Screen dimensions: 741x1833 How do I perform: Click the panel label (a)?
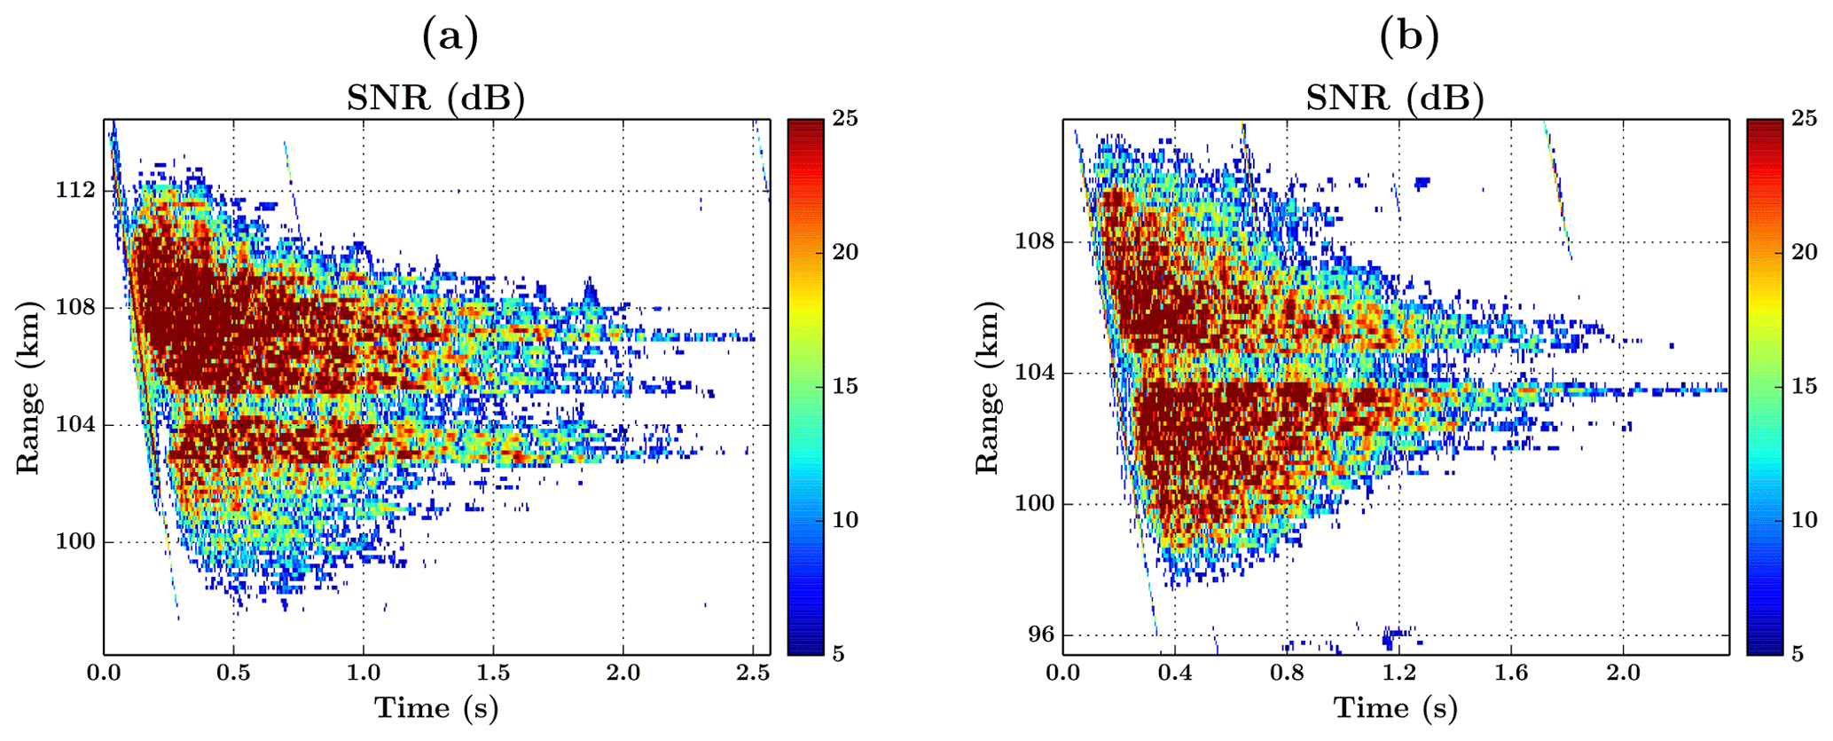[x=450, y=37]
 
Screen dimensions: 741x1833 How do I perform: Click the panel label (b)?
[x=1409, y=37]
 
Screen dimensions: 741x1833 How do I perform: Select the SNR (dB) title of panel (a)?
[x=435, y=98]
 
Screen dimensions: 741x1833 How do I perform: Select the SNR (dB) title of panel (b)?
[x=1395, y=98]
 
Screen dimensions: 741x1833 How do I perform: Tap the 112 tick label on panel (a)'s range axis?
[x=76, y=191]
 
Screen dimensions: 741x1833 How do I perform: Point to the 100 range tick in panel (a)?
[x=76, y=542]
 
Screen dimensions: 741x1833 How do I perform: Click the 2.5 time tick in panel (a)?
[x=753, y=674]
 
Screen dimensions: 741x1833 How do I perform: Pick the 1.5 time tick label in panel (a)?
[x=493, y=674]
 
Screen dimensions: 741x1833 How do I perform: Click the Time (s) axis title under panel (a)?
[x=436, y=708]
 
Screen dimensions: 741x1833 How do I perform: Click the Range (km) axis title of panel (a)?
[x=28, y=388]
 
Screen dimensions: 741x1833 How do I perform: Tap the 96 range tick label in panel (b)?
[x=1039, y=635]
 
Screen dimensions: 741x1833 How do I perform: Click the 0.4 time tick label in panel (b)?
[x=1175, y=674]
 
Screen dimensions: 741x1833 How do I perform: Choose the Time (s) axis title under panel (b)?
[x=1396, y=708]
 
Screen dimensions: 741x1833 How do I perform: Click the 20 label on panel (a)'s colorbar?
[x=845, y=252]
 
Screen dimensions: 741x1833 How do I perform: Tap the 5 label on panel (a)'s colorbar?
[x=839, y=655]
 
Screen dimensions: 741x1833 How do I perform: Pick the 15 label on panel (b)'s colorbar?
[x=1804, y=387]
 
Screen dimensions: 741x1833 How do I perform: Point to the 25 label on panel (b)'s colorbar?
[x=1804, y=118]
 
